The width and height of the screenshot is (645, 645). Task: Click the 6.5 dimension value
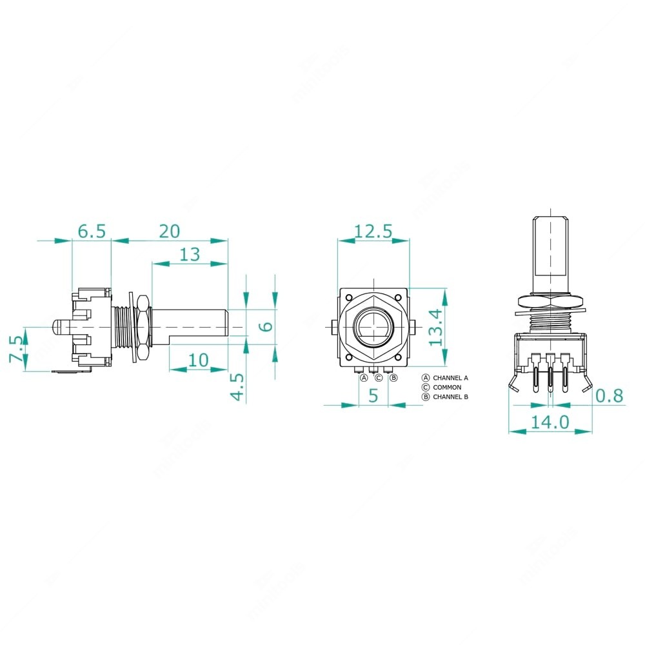pos(91,232)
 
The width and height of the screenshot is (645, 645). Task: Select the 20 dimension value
pos(169,232)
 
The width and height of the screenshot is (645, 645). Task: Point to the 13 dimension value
pos(190,254)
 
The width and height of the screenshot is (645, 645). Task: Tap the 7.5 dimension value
pos(17,350)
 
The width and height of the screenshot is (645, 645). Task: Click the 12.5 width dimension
pos(373,232)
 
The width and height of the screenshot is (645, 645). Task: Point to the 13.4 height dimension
pos(437,326)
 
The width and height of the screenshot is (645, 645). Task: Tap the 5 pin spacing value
pos(373,396)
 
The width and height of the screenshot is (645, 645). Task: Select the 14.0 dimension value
pos(550,422)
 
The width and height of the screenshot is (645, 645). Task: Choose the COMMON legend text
pos(447,387)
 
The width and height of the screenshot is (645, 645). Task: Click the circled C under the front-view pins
pos(379,377)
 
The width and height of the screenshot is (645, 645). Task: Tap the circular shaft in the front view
pos(373,325)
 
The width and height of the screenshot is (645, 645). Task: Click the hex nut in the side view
pos(143,326)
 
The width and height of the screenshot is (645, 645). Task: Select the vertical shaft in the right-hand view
pos(550,255)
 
